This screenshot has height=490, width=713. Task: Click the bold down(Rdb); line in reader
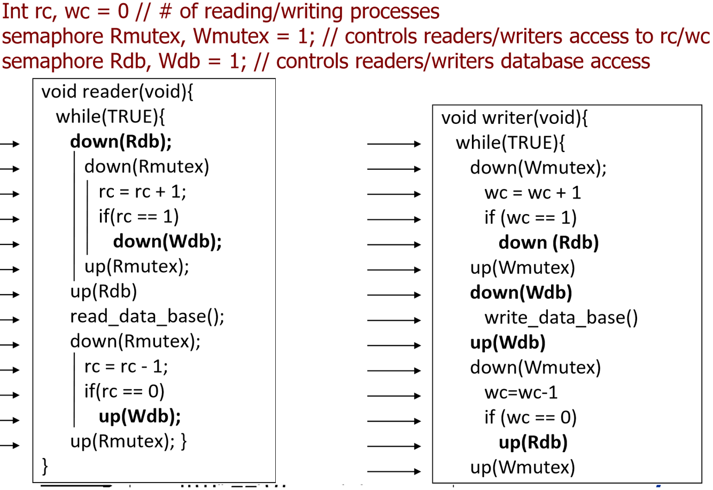click(121, 141)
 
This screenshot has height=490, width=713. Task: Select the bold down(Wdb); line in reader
click(167, 241)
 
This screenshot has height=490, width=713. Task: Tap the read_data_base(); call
click(147, 316)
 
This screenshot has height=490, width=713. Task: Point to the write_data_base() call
click(561, 318)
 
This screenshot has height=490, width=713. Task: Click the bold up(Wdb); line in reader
click(139, 416)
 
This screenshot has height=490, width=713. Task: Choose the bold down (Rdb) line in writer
click(548, 243)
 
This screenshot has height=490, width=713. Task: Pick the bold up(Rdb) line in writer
click(532, 442)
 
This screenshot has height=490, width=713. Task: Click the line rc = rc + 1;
click(142, 192)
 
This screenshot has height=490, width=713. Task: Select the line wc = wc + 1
click(532, 193)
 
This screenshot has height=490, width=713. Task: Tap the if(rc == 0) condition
click(124, 391)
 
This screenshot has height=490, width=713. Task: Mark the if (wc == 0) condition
click(530, 417)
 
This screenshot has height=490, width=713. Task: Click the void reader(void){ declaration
click(117, 92)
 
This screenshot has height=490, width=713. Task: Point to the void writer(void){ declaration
click(514, 118)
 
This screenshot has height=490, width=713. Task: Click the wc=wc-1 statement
click(521, 392)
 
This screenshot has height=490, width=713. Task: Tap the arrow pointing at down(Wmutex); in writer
click(394, 169)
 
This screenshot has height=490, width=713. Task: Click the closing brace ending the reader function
click(45, 466)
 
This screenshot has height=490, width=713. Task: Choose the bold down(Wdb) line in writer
click(521, 293)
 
